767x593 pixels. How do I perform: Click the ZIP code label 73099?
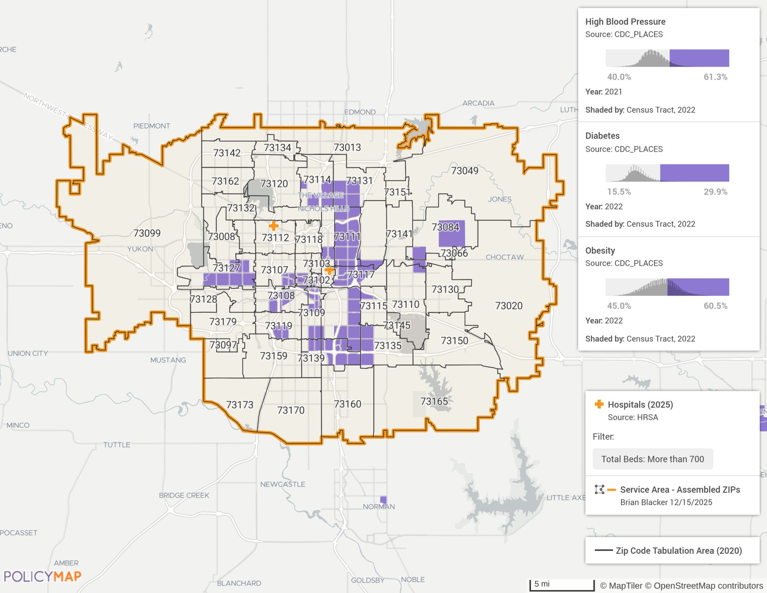click(147, 233)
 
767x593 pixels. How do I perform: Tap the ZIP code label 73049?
click(464, 171)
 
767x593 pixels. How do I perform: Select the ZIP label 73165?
click(434, 402)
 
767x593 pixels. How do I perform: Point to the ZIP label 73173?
click(240, 405)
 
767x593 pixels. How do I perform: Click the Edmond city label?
click(360, 112)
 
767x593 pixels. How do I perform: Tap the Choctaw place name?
click(504, 257)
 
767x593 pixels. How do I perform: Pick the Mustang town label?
click(168, 360)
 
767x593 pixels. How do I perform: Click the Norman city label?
click(379, 506)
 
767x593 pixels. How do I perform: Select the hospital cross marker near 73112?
click(274, 226)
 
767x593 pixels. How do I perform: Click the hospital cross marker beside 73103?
click(329, 270)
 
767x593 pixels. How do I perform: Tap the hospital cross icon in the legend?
click(599, 404)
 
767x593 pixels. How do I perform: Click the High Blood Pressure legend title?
click(625, 22)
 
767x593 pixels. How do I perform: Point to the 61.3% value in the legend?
click(715, 77)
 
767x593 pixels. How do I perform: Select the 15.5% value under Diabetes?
click(619, 192)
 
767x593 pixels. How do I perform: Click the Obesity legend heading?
click(600, 251)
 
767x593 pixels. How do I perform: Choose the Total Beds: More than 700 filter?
click(652, 459)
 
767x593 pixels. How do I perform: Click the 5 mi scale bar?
click(562, 584)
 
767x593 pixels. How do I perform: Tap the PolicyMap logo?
click(42, 576)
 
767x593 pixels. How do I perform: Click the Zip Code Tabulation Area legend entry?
click(679, 551)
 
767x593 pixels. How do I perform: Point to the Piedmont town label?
click(152, 126)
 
